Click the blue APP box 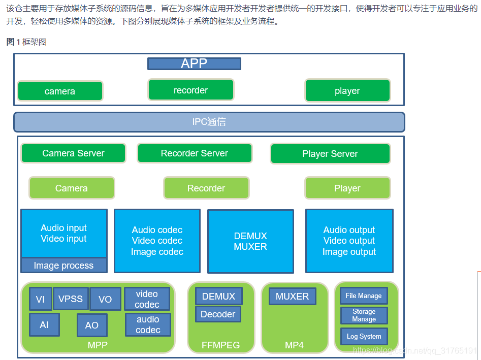194,64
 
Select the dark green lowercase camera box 60,91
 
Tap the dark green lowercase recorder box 191,90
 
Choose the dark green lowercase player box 347,90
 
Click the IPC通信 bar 209,122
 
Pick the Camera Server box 73,153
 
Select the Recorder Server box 195,153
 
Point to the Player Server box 330,153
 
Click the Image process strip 64,265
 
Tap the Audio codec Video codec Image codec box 157,241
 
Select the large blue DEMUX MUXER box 250,241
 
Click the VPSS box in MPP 71,299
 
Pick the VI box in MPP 41,299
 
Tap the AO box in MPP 92,325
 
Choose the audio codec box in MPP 148,324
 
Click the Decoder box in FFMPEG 218,314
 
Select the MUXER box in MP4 293,296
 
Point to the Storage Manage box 364,315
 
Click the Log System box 364,336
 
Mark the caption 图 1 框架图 26,42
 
